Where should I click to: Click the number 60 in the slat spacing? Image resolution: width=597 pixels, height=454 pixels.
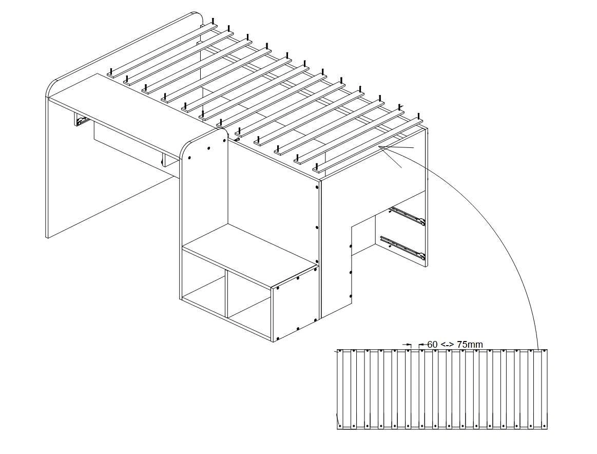coord(432,345)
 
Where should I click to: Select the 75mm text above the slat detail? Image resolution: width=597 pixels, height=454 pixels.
coord(470,345)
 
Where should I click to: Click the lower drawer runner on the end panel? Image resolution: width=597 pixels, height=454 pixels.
coord(402,246)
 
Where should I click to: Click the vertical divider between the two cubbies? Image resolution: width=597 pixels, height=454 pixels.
coord(226,295)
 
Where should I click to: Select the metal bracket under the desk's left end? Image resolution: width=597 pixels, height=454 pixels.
coord(81,121)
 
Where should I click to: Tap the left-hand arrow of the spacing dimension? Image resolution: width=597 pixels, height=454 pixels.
coord(408,345)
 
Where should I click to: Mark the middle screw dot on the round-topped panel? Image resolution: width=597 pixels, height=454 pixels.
coord(209,148)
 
